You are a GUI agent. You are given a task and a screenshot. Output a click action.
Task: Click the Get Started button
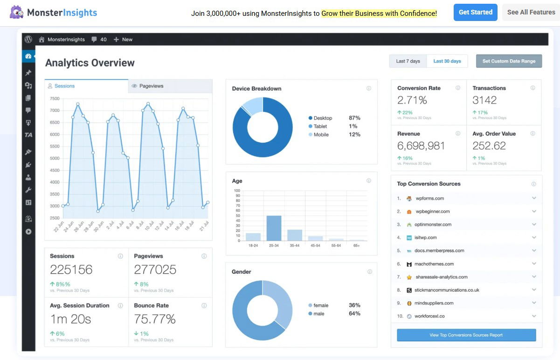coord(475,13)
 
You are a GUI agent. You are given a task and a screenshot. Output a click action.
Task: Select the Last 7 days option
coord(408,61)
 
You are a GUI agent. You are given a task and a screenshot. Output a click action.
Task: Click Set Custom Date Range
coord(509,61)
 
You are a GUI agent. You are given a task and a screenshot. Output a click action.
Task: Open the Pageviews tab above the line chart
coord(151,86)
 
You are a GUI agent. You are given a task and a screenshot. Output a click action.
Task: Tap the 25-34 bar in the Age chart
coord(274,228)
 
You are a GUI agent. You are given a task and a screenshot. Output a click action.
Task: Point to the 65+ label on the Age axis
coord(356,245)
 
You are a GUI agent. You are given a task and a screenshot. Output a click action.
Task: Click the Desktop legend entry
coord(323,118)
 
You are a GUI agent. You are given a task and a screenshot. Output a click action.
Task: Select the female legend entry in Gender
coord(320,305)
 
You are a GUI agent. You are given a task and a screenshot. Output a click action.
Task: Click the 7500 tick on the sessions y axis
coord(55,98)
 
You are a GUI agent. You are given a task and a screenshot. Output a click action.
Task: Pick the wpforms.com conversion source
coord(429,198)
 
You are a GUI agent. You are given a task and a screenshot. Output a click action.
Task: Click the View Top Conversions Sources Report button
coord(466,335)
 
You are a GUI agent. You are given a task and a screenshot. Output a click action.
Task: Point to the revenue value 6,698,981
coord(421,146)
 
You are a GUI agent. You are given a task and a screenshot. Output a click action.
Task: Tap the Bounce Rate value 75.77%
coord(155,319)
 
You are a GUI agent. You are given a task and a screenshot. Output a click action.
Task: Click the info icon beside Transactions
coord(532,88)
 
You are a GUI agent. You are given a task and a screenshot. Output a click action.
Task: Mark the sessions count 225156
coord(71,270)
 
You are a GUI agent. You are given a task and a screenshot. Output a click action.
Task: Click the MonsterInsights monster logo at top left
coord(16,12)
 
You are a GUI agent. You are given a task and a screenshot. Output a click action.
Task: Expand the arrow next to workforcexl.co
coord(534,316)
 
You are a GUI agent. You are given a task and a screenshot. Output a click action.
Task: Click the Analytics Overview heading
coord(90,63)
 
